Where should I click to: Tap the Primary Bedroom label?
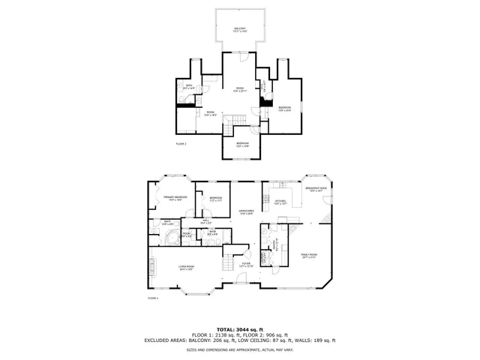[175, 197]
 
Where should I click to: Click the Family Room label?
[308, 256]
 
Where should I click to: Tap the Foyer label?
[245, 264]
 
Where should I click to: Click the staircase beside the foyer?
[228, 262]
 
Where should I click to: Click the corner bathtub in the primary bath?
[169, 239]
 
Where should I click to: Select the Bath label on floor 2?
[189, 87]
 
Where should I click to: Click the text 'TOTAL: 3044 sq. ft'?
[240, 329]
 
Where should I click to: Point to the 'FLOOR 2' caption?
[181, 143]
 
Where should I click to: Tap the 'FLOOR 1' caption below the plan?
[153, 298]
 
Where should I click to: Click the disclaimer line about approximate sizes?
[240, 349]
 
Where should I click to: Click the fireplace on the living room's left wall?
[151, 265]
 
